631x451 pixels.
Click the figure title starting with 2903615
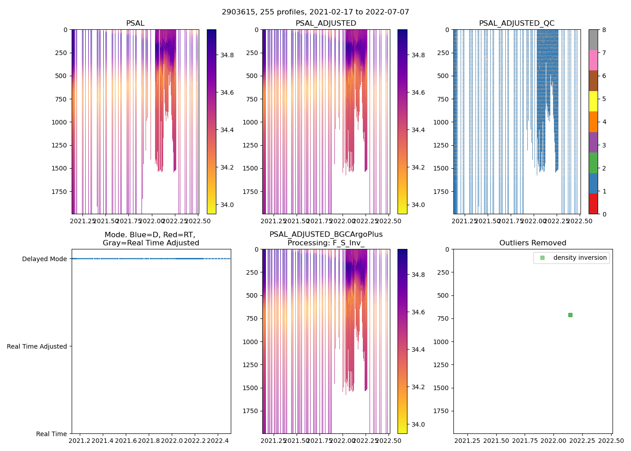(x=315, y=12)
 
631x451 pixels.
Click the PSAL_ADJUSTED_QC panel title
(x=517, y=23)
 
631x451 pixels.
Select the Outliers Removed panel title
(x=532, y=243)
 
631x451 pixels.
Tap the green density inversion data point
(x=570, y=315)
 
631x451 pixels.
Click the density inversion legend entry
(x=580, y=258)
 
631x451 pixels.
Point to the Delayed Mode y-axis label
(x=44, y=259)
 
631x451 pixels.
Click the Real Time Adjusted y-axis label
(x=37, y=346)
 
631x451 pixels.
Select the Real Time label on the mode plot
(x=51, y=434)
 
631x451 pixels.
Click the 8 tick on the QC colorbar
(x=604, y=30)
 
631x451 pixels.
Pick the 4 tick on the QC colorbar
(x=604, y=122)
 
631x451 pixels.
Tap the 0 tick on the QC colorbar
(x=604, y=214)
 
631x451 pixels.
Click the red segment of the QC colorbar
(x=593, y=203)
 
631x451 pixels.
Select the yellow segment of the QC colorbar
(x=593, y=101)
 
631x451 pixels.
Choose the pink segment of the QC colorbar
(x=593, y=60)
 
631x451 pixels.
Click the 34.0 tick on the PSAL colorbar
(x=227, y=205)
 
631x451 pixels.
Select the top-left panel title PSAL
(x=135, y=23)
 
